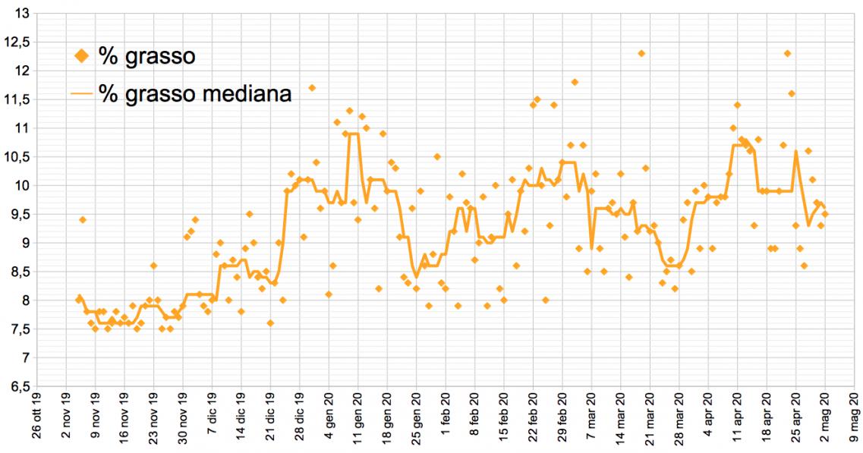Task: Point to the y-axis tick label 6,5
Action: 18,386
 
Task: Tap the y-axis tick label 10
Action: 20,186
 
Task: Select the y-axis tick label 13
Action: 20,14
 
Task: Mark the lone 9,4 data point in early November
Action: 83,220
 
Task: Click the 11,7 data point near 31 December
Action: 312,88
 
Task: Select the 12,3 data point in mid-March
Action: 641,53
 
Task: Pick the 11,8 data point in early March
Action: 575,82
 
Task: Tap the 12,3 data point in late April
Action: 787,53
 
